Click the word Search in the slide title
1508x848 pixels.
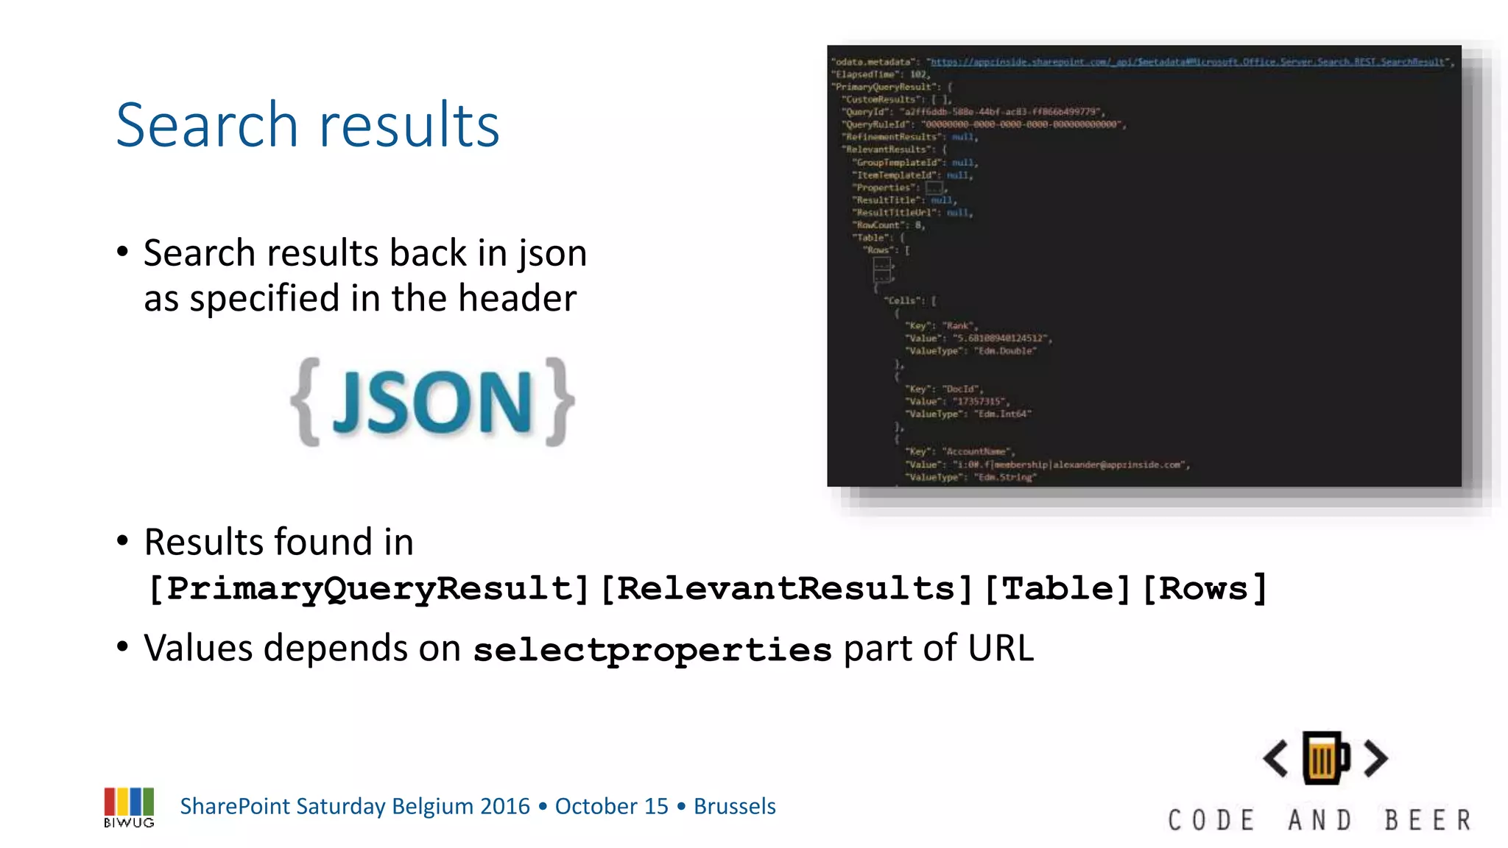click(x=208, y=125)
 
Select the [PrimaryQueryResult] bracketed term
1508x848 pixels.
click(x=368, y=588)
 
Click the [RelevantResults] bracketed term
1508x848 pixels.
click(x=787, y=588)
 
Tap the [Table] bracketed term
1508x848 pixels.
click(x=1057, y=588)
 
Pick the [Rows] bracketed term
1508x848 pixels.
click(x=1205, y=588)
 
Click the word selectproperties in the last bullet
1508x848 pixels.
click(x=652, y=650)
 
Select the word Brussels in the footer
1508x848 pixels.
click(x=734, y=807)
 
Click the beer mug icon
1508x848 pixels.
click(x=1325, y=758)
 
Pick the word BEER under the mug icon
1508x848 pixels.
click(x=1428, y=820)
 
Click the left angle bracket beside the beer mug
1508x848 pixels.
click(x=1276, y=758)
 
